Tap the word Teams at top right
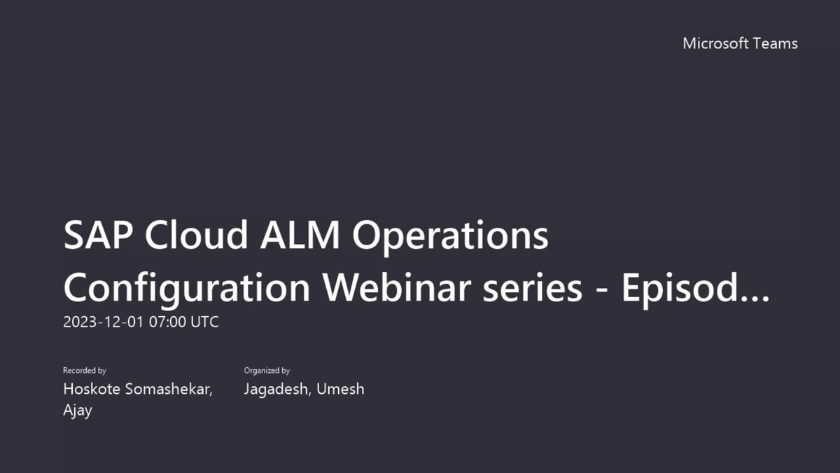[x=775, y=43]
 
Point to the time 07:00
[x=167, y=322]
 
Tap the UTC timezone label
[x=204, y=322]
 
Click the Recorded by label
[x=85, y=370]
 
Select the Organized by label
[x=267, y=370]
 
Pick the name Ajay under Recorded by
[x=78, y=410]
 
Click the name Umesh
[x=340, y=389]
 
